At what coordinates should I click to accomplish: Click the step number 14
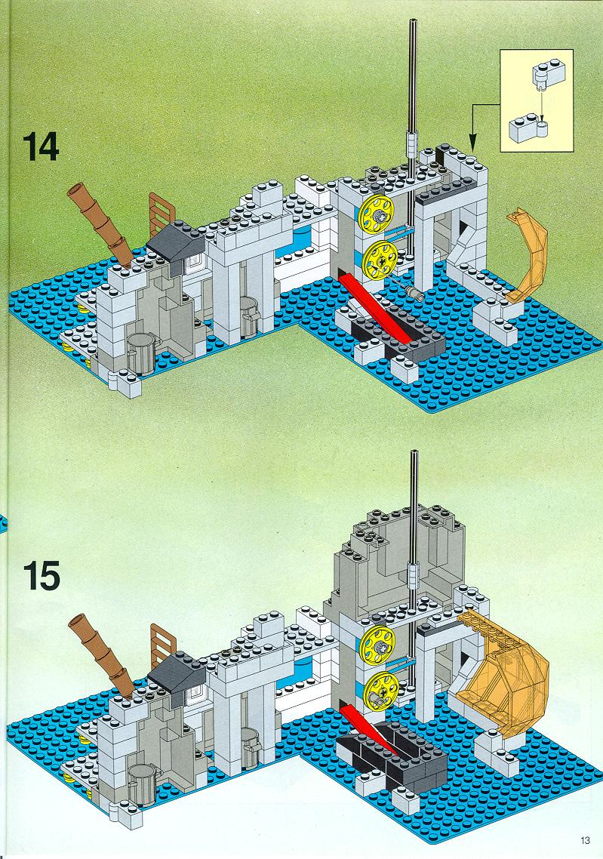pyautogui.click(x=41, y=147)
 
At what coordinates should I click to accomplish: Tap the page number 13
pyautogui.click(x=586, y=840)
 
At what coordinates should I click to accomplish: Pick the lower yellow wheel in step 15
pyautogui.click(x=380, y=690)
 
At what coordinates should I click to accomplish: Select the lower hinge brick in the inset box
pyautogui.click(x=529, y=130)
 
